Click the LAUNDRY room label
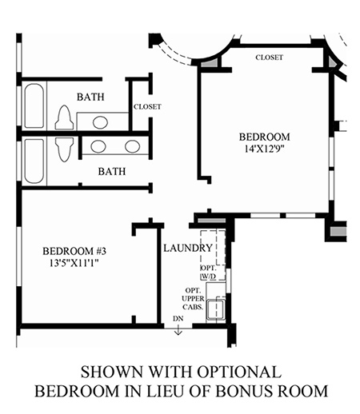pos(188,248)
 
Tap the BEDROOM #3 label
pos(74,251)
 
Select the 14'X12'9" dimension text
pos(264,149)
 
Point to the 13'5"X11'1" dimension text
pos(74,263)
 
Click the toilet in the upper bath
pos(64,117)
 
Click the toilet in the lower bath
pos(65,149)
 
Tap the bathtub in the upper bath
pos(34,105)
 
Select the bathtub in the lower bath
pos(34,161)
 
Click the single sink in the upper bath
pos(100,122)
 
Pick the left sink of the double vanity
pos(98,147)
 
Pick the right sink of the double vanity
pos(133,146)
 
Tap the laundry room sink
pos(216,309)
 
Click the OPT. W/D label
pos(209,272)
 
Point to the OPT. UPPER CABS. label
pos(193,298)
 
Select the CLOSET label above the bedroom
pos(269,58)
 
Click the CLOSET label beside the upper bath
pos(147,106)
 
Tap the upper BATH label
pos(90,97)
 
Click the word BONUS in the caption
pos(245,391)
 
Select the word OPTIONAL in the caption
pos(239,372)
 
